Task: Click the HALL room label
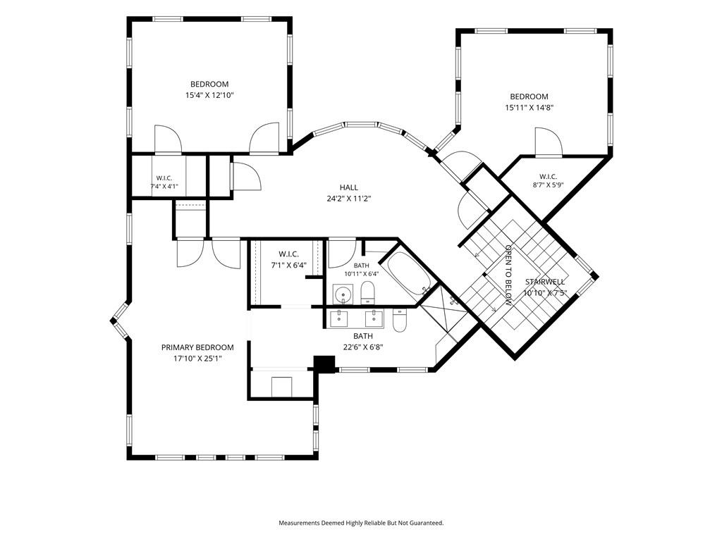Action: click(x=348, y=187)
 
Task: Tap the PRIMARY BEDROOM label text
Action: click(x=197, y=347)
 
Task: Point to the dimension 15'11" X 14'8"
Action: click(x=529, y=108)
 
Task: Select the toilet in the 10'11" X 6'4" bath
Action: click(x=367, y=293)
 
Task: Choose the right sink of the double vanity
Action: click(x=374, y=318)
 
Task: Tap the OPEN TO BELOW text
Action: click(x=508, y=275)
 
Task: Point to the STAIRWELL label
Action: click(x=545, y=282)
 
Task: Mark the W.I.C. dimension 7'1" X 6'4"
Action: click(x=288, y=266)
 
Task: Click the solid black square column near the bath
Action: click(x=324, y=363)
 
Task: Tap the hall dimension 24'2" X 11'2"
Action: click(x=348, y=199)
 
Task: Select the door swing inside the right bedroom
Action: click(x=549, y=141)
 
